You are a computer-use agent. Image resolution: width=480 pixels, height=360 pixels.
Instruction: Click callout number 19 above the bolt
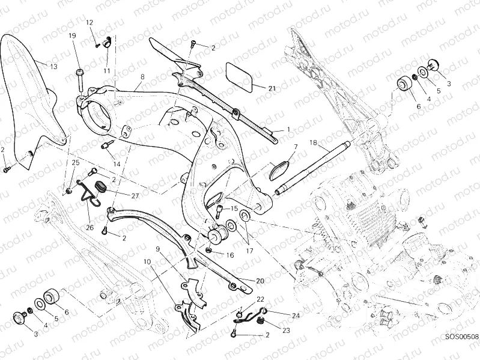coord(72,36)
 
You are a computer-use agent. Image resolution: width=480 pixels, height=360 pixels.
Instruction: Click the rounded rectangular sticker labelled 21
coord(239,75)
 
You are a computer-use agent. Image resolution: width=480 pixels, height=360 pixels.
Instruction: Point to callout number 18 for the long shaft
coord(312,142)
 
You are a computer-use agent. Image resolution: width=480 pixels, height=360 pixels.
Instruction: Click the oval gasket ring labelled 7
coord(278,168)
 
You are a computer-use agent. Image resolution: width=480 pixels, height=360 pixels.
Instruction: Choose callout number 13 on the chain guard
coord(53,66)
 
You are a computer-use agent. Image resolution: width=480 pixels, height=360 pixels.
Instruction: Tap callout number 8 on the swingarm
coord(142,77)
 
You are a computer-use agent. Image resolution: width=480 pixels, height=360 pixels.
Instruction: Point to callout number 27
coord(135,195)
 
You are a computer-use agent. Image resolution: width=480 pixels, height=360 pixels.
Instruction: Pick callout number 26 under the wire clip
coord(91,228)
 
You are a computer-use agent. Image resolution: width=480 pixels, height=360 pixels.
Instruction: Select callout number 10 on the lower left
coord(146,261)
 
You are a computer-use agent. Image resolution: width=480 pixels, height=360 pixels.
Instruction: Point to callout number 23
coord(268,330)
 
